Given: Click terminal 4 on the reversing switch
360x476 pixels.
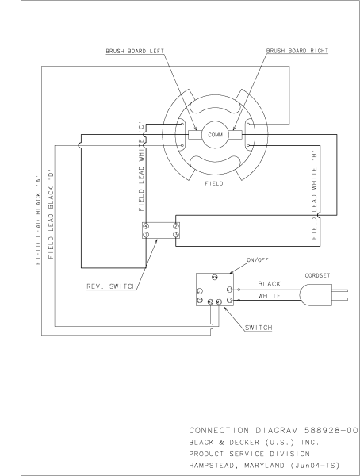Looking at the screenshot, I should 145,226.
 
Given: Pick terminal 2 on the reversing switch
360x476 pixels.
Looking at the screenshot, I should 174,226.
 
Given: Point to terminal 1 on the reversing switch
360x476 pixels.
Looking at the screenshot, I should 145,236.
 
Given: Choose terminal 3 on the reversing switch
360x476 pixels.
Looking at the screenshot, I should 174,236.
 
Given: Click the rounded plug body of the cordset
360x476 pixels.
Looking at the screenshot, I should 316,294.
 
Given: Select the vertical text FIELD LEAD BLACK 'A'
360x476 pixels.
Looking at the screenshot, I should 36,222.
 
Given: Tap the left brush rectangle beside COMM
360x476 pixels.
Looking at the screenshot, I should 193,135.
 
